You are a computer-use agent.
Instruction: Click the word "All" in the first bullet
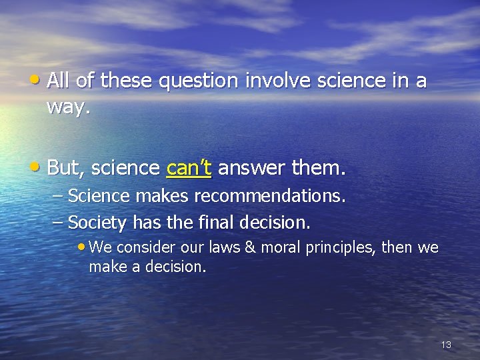[59, 81]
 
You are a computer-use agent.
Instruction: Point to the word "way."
[68, 107]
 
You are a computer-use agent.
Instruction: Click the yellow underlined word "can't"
[189, 168]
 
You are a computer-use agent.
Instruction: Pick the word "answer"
[252, 168]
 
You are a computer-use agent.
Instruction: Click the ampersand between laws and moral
[250, 248]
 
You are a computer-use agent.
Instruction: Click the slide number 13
[446, 345]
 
